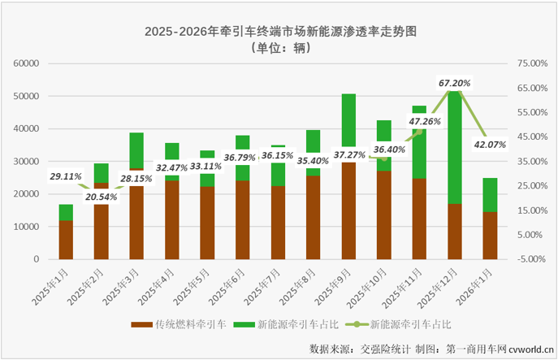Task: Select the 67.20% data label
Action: (455, 83)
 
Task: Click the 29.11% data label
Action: (67, 176)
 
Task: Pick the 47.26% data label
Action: (424, 122)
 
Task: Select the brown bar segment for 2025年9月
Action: (348, 210)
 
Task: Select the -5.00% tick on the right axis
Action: (532, 259)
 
